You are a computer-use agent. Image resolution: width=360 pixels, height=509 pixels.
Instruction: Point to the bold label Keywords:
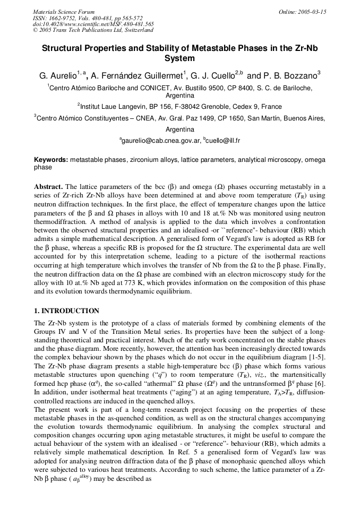point(51,159)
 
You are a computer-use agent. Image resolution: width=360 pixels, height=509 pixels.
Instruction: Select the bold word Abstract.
point(49,187)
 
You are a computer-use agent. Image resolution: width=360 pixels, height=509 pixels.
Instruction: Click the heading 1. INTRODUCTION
point(66,310)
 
